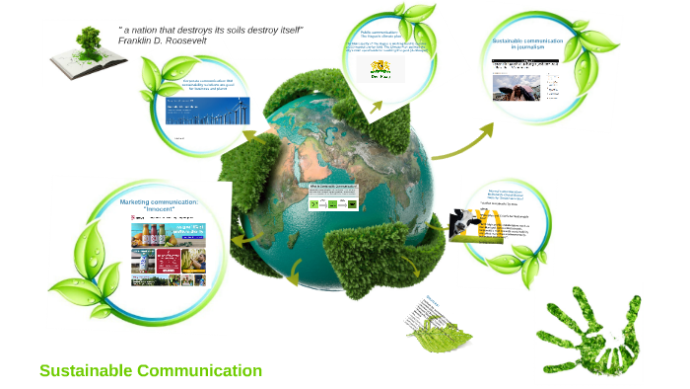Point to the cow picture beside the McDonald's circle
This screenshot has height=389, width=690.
[x=464, y=224]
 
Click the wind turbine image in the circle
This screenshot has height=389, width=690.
[x=207, y=110]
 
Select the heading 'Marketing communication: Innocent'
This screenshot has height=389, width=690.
[x=159, y=205]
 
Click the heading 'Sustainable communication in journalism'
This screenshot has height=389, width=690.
[x=526, y=43]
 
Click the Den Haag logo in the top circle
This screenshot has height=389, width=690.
[x=380, y=68]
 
